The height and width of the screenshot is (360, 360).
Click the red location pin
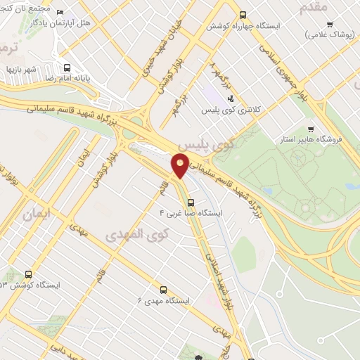pos(181,165)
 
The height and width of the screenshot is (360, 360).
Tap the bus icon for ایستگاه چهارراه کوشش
pos(243,14)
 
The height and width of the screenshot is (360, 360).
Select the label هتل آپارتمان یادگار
pos(86,24)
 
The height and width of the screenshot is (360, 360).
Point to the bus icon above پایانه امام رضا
pos(67,68)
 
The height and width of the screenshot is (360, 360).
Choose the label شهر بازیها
pos(21,70)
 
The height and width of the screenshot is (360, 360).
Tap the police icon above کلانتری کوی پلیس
pos(231,99)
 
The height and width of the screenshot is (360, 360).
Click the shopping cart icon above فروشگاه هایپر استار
pos(310,129)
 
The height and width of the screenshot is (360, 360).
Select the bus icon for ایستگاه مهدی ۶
pos(163,289)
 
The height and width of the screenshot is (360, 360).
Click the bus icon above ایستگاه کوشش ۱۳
pos(28,274)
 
